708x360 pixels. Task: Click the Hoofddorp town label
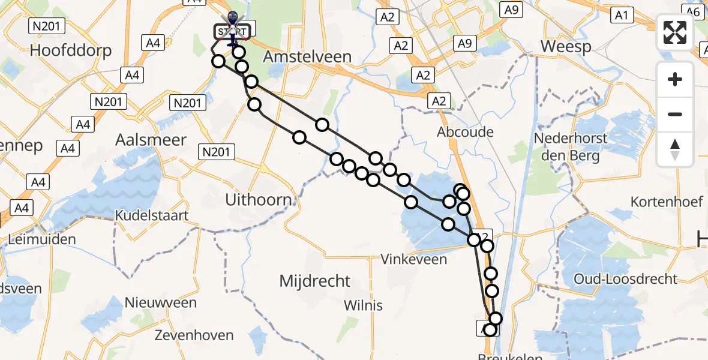click(x=71, y=50)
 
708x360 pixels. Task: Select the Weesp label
click(x=566, y=46)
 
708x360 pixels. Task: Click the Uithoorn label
click(x=259, y=200)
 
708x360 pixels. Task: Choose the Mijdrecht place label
click(x=315, y=280)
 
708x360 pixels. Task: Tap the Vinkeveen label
click(x=415, y=259)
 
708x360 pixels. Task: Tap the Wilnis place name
click(x=363, y=305)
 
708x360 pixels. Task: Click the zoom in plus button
click(x=675, y=79)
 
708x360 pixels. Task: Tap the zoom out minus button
click(x=675, y=114)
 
